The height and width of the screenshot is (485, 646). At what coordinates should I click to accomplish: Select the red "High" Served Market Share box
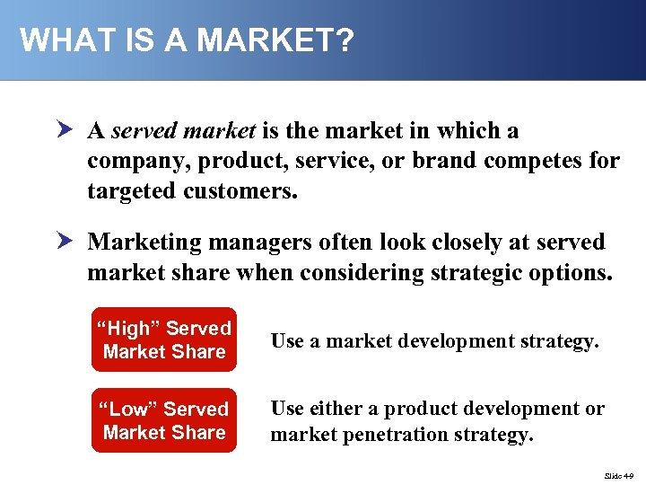pyautogui.click(x=163, y=339)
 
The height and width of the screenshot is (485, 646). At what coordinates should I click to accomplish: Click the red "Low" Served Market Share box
pyautogui.click(x=163, y=420)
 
